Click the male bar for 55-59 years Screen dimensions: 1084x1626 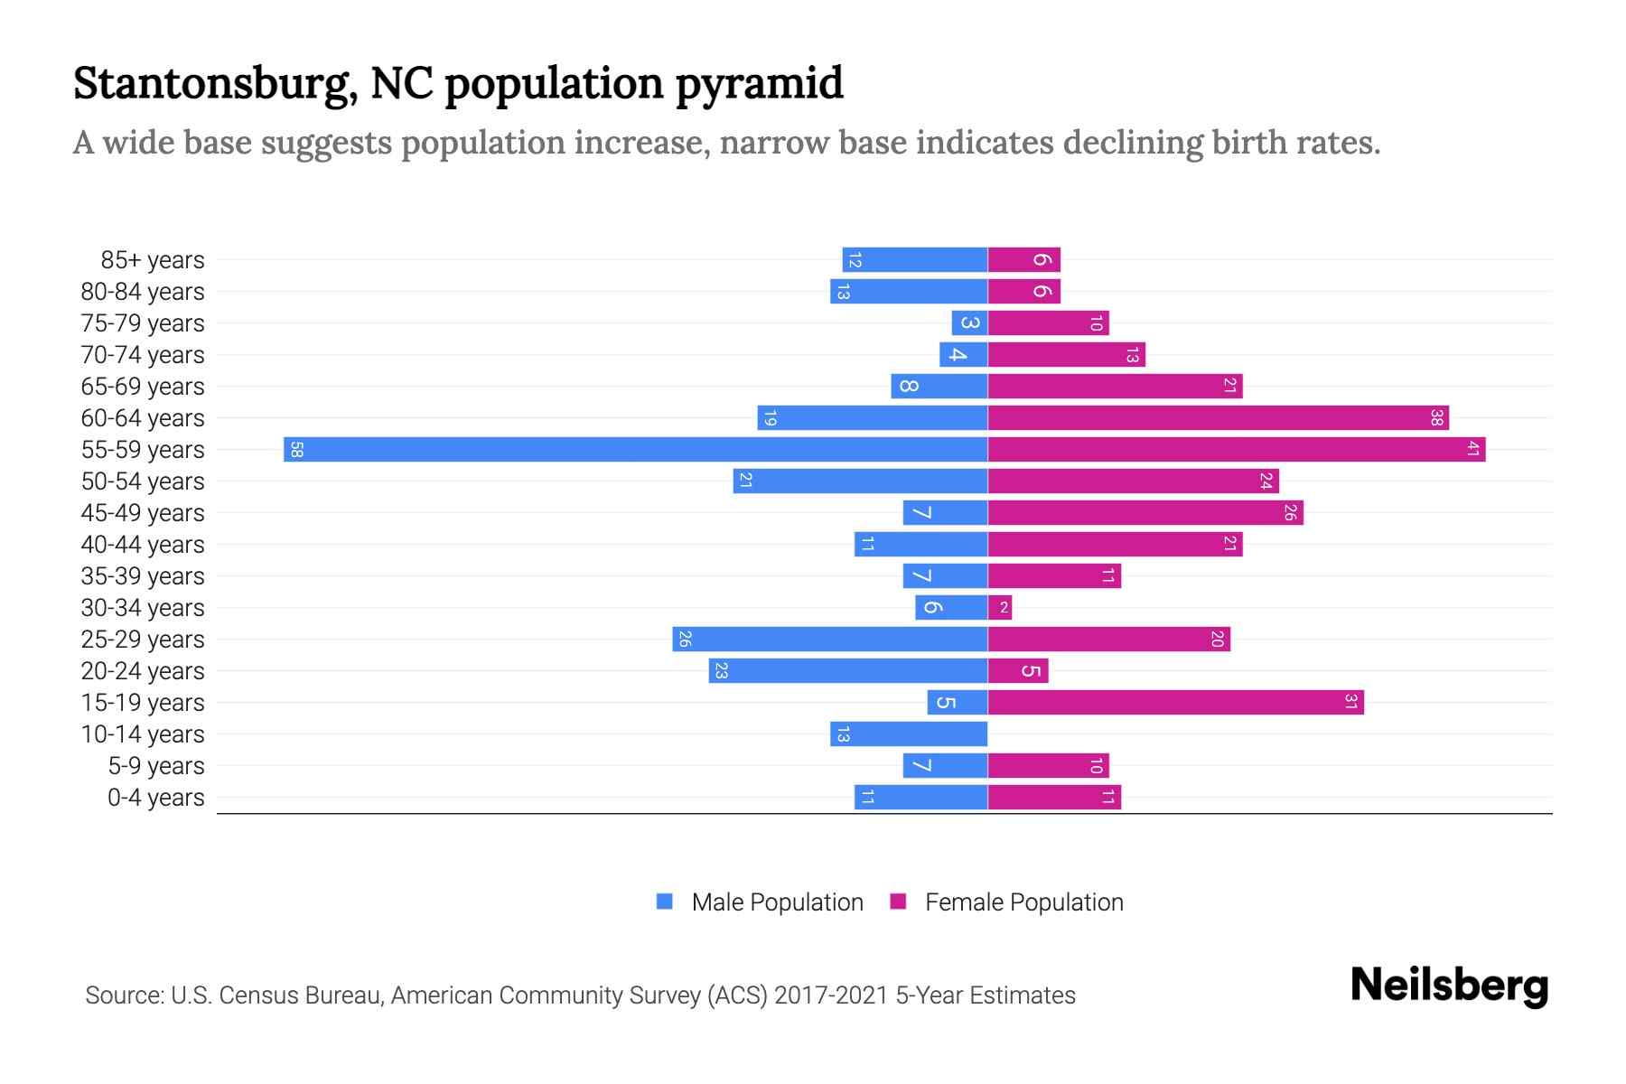coord(635,450)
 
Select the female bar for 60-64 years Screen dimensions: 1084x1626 coord(1218,418)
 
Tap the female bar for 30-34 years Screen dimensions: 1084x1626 coord(1000,608)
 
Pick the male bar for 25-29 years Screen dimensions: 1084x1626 coord(829,640)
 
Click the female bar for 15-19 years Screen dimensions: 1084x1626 coord(1175,703)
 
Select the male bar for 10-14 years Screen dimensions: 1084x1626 coord(909,734)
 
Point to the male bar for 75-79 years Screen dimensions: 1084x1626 coord(969,323)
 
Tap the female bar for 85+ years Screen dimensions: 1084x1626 coord(1023,260)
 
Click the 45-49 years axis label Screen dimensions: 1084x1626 coord(143,513)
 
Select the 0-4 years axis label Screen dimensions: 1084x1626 coord(155,798)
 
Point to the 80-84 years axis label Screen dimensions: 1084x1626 coord(143,292)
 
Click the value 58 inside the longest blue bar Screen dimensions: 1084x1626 coord(296,450)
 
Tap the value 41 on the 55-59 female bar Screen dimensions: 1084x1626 coord(1472,450)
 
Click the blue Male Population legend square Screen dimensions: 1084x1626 coord(665,902)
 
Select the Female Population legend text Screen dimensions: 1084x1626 coord(1023,902)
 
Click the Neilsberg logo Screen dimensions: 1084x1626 coord(1449,986)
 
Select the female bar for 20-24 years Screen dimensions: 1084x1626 coord(1018,671)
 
